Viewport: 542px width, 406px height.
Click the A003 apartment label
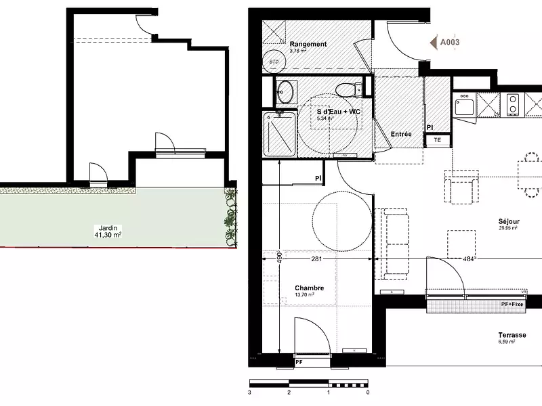(451, 42)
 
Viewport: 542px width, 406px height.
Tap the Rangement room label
(308, 45)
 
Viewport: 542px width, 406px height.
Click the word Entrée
(402, 134)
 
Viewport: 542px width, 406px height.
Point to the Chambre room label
(309, 288)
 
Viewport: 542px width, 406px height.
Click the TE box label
(438, 140)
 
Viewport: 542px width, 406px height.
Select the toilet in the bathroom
(350, 89)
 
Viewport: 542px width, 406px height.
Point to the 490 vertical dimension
(278, 258)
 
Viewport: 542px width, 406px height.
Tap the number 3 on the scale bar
(250, 392)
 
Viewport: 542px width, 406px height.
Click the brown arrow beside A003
(434, 42)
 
